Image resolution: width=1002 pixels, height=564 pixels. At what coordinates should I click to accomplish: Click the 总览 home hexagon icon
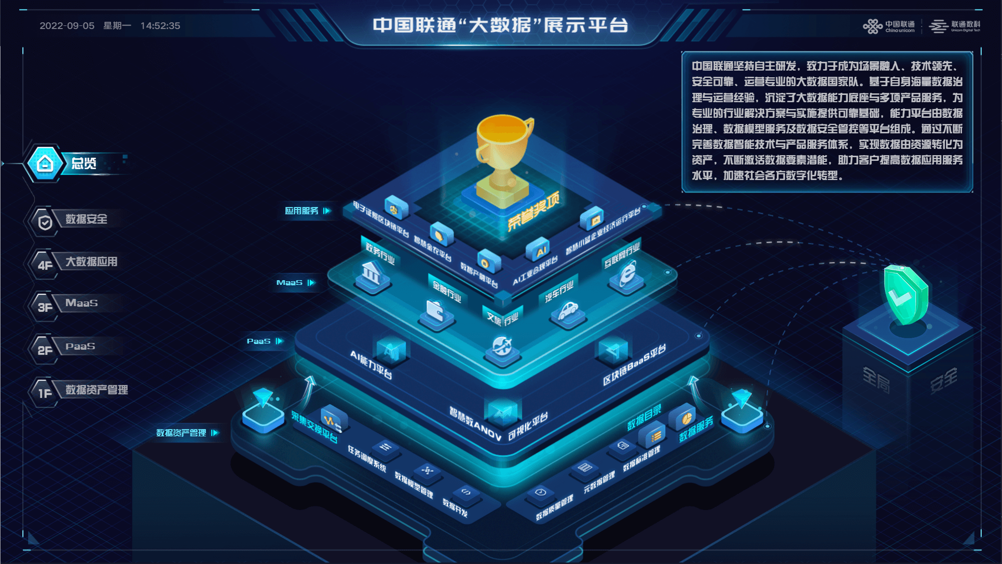tap(45, 164)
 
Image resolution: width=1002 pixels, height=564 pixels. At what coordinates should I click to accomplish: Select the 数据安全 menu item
tap(86, 219)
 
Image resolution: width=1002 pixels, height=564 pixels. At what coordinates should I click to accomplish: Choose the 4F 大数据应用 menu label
tap(91, 262)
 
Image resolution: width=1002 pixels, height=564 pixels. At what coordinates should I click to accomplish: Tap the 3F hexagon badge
tap(45, 307)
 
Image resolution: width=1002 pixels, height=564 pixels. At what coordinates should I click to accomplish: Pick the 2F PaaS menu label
tap(80, 347)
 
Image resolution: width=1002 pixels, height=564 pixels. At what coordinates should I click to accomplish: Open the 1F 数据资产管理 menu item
tap(97, 390)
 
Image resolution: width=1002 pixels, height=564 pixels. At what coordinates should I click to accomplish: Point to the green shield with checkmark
tap(905, 294)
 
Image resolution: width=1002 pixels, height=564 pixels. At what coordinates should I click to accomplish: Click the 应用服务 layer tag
tap(302, 211)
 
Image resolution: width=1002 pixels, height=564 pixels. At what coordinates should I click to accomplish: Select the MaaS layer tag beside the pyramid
tap(290, 283)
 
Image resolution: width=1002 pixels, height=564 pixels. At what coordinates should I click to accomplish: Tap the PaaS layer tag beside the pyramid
tap(259, 341)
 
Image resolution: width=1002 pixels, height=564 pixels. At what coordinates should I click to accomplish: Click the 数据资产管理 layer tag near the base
tap(182, 433)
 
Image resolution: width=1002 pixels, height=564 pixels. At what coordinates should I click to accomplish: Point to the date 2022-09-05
tap(67, 26)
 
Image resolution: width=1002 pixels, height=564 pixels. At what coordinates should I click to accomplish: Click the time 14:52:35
tap(160, 26)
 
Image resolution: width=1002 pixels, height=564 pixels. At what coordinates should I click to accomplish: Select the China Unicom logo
tap(889, 26)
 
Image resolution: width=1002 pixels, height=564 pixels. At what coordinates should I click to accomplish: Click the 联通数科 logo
tap(955, 26)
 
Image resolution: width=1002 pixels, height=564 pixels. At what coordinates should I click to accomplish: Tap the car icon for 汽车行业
tap(568, 311)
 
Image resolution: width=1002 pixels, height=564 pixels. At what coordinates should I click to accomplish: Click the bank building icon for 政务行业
tap(372, 273)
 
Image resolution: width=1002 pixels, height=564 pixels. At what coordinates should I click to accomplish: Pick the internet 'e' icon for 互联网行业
tap(628, 272)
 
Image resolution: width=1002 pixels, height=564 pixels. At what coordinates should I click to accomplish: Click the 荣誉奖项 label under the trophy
tap(533, 211)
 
